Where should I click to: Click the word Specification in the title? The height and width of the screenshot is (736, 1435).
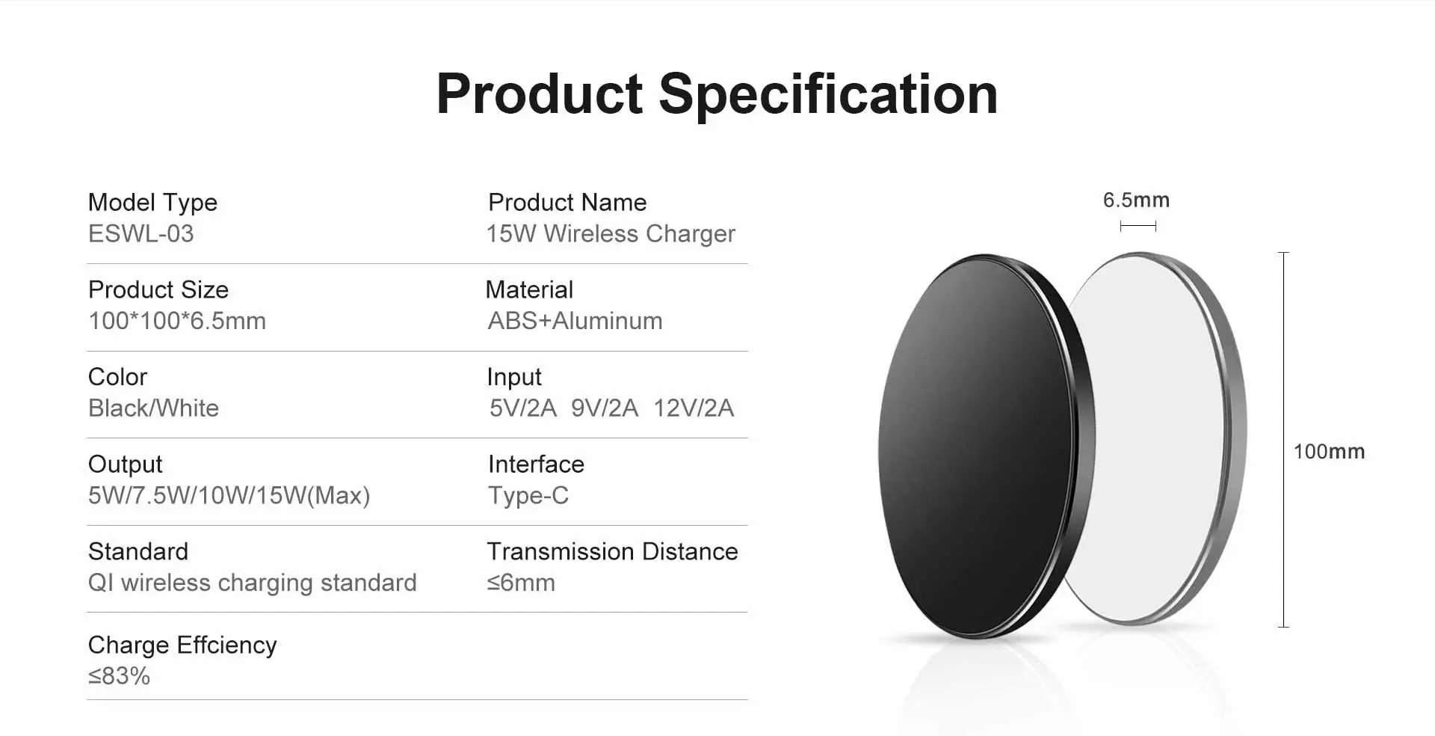tap(828, 95)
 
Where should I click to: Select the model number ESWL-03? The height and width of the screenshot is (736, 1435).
tap(141, 234)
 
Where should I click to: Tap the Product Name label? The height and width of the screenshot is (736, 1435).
tap(567, 202)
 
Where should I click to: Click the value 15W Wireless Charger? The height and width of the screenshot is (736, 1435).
tap(611, 234)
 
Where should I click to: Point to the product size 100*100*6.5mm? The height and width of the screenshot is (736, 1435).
tap(177, 321)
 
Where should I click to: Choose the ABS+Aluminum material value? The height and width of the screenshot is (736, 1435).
tap(575, 321)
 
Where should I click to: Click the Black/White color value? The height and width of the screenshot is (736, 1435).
tap(153, 408)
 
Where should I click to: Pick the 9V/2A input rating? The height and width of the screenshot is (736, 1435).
tap(605, 408)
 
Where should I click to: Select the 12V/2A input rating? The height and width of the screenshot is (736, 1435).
tap(694, 408)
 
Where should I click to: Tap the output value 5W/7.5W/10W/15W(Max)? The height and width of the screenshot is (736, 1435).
tap(229, 495)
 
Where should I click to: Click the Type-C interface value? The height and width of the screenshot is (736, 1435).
tap(528, 496)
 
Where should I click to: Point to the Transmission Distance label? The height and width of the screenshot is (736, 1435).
tap(612, 551)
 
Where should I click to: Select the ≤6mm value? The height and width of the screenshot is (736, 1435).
tap(521, 583)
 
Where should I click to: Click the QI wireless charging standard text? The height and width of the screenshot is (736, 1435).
tap(253, 583)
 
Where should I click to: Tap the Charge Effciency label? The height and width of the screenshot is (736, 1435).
tap(182, 645)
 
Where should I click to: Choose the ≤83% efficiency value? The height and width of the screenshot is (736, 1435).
tap(120, 676)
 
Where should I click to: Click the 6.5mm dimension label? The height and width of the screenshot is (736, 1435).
tap(1136, 200)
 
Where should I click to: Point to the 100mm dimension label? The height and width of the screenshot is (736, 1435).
tap(1329, 452)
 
